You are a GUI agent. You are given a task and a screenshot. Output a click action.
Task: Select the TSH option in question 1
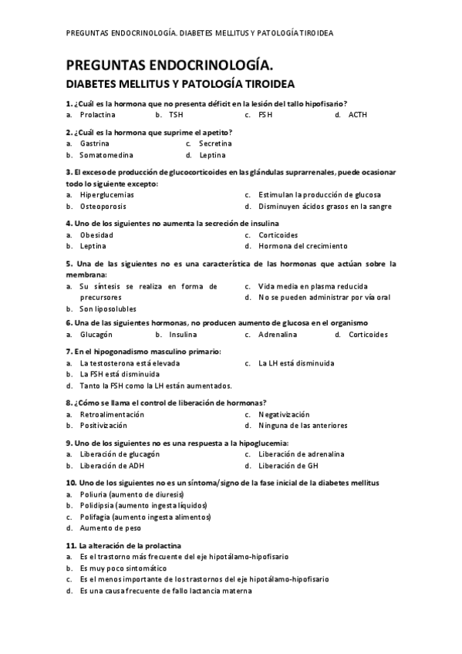click(176, 116)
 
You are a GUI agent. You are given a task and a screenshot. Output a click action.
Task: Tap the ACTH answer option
click(358, 116)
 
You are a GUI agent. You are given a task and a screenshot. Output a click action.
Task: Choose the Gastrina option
click(94, 143)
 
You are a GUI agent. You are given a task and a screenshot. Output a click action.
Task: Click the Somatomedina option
click(106, 155)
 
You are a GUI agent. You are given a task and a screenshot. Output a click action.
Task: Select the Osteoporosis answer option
click(103, 207)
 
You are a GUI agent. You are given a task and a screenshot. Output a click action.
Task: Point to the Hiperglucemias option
click(106, 195)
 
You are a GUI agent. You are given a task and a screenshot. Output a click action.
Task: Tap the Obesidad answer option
click(96, 235)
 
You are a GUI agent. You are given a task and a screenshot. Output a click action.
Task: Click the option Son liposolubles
click(107, 309)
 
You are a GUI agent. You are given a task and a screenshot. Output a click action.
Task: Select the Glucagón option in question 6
click(96, 335)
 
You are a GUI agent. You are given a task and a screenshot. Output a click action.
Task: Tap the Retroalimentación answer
click(111, 415)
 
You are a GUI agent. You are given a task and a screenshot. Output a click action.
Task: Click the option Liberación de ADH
click(113, 466)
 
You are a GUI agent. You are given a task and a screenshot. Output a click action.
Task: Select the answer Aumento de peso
click(108, 529)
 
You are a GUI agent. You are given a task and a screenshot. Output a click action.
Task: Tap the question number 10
click(71, 483)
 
